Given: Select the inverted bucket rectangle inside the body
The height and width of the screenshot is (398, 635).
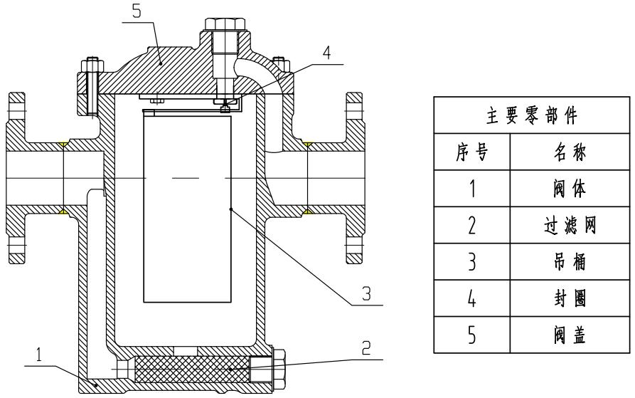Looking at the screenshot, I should coord(188,206).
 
